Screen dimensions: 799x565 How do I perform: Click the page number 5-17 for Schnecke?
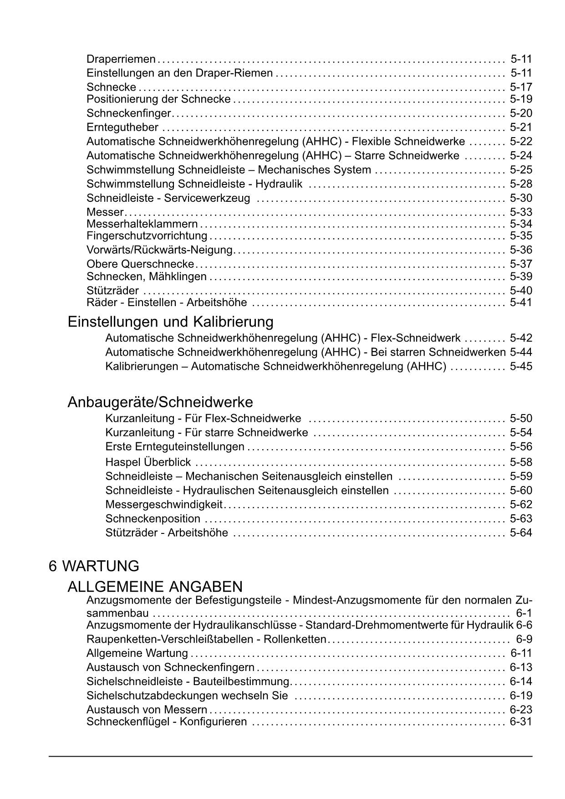(x=521, y=87)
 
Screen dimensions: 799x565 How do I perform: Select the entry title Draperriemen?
(x=121, y=59)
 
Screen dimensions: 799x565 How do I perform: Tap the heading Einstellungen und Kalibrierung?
(x=170, y=322)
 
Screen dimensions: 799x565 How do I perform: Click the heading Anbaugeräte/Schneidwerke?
(x=160, y=402)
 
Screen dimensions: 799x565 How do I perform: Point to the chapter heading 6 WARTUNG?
(x=94, y=566)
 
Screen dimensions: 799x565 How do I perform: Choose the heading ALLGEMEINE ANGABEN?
(x=155, y=586)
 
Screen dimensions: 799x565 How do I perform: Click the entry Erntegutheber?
(x=122, y=128)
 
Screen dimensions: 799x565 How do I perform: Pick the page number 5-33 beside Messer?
(x=521, y=212)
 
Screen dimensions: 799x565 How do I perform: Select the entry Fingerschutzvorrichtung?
(x=147, y=236)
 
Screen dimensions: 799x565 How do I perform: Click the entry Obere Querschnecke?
(x=140, y=264)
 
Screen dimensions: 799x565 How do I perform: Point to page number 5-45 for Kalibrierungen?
(x=521, y=366)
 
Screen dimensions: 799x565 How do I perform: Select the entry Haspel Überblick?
(x=148, y=462)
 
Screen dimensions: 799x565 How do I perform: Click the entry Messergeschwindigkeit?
(x=164, y=505)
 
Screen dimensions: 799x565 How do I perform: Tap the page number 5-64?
(x=521, y=533)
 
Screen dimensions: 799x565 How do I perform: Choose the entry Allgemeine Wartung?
(x=137, y=654)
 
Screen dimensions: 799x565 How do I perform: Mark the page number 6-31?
(x=521, y=722)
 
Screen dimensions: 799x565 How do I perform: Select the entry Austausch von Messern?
(x=147, y=710)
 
